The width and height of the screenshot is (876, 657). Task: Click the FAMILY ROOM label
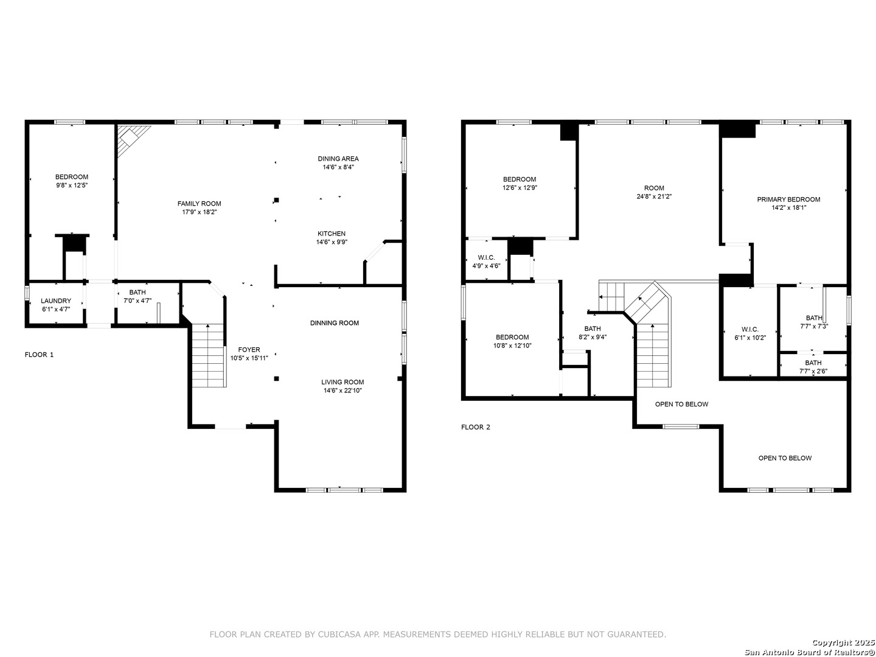tap(199, 203)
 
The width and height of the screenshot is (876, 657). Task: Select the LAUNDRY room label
tap(56, 301)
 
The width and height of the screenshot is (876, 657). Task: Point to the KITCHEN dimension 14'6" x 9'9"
tap(332, 242)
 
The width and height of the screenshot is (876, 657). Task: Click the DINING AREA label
tap(338, 158)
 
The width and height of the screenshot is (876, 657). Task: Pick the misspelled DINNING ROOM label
tap(335, 322)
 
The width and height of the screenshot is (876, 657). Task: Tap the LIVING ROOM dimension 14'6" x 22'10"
tap(342, 391)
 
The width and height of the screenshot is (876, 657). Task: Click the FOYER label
tap(249, 350)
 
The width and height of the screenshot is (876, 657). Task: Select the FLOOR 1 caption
tap(39, 355)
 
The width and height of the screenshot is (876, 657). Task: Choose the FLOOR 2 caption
tap(475, 427)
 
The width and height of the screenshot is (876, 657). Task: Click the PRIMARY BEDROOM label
tap(788, 200)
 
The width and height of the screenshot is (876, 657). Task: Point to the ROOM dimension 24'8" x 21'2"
tap(654, 196)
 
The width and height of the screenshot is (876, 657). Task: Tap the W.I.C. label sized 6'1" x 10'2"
tap(750, 329)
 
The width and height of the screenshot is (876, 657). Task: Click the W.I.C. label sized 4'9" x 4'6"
tap(486, 257)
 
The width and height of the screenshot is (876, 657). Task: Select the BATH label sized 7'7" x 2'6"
tap(813, 363)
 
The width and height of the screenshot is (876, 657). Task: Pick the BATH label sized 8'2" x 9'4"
tap(593, 328)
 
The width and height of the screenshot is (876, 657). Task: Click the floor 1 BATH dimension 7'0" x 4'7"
tap(137, 301)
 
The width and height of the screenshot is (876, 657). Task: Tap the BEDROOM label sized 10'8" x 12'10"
tap(512, 337)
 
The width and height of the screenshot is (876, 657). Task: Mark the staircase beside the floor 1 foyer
tap(208, 355)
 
